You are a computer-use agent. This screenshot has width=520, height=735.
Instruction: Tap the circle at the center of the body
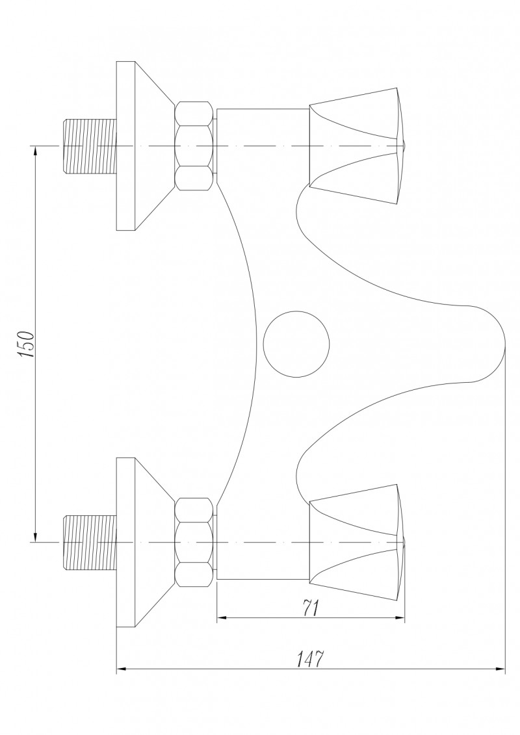tap(296, 343)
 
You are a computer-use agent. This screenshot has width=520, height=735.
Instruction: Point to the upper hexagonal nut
tap(194, 146)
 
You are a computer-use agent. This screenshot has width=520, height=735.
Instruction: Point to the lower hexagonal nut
tap(194, 541)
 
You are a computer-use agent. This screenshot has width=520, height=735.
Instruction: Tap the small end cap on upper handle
tap(402, 146)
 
